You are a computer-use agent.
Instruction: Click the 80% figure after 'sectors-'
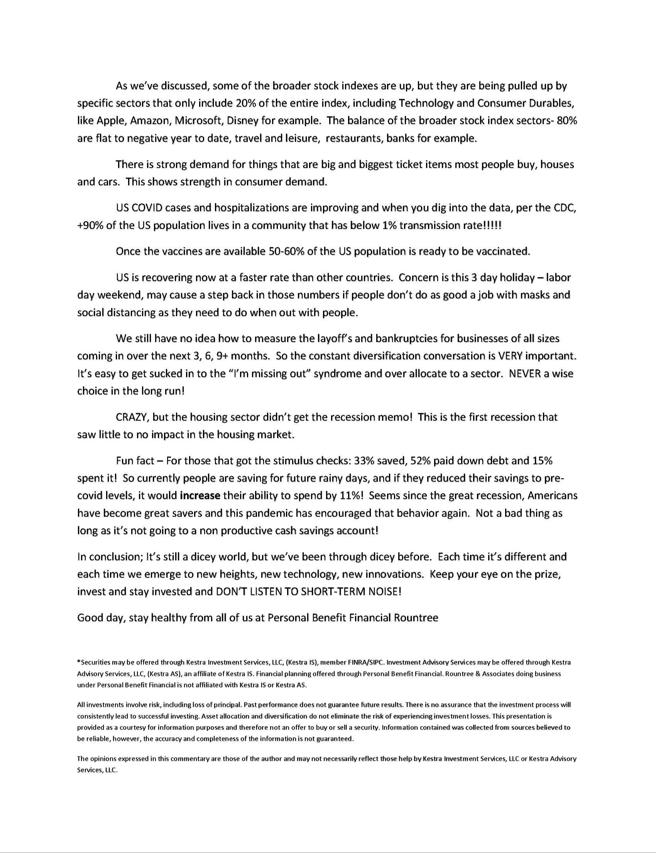coord(567,121)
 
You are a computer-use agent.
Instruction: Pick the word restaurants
coord(354,138)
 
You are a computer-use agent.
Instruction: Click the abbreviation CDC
coord(565,208)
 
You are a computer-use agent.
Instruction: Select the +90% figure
coord(90,226)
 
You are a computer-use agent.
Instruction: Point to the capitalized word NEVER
coord(525,373)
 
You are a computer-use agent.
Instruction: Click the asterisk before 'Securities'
coord(79,662)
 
